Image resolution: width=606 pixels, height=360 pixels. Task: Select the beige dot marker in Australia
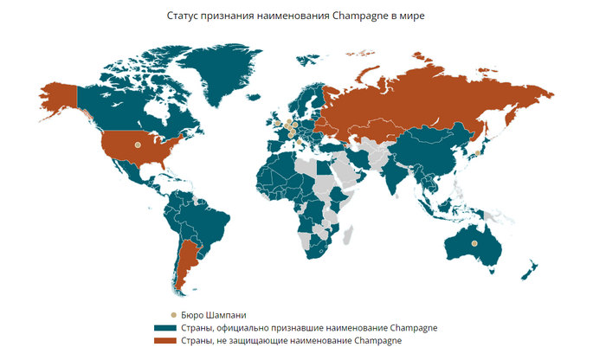[x=474, y=243]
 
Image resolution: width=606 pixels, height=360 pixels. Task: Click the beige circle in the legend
[x=173, y=315]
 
